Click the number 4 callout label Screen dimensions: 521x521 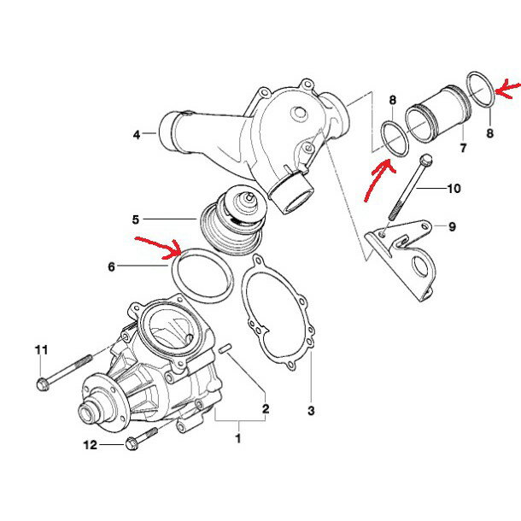(x=136, y=133)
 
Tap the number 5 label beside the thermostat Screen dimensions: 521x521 (x=136, y=220)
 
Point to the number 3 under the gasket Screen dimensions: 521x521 (x=312, y=411)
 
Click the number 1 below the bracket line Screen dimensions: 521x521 (x=238, y=439)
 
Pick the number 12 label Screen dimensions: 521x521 (x=91, y=444)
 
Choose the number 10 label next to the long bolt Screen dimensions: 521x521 (x=454, y=188)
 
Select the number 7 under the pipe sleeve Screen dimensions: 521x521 (x=463, y=148)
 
